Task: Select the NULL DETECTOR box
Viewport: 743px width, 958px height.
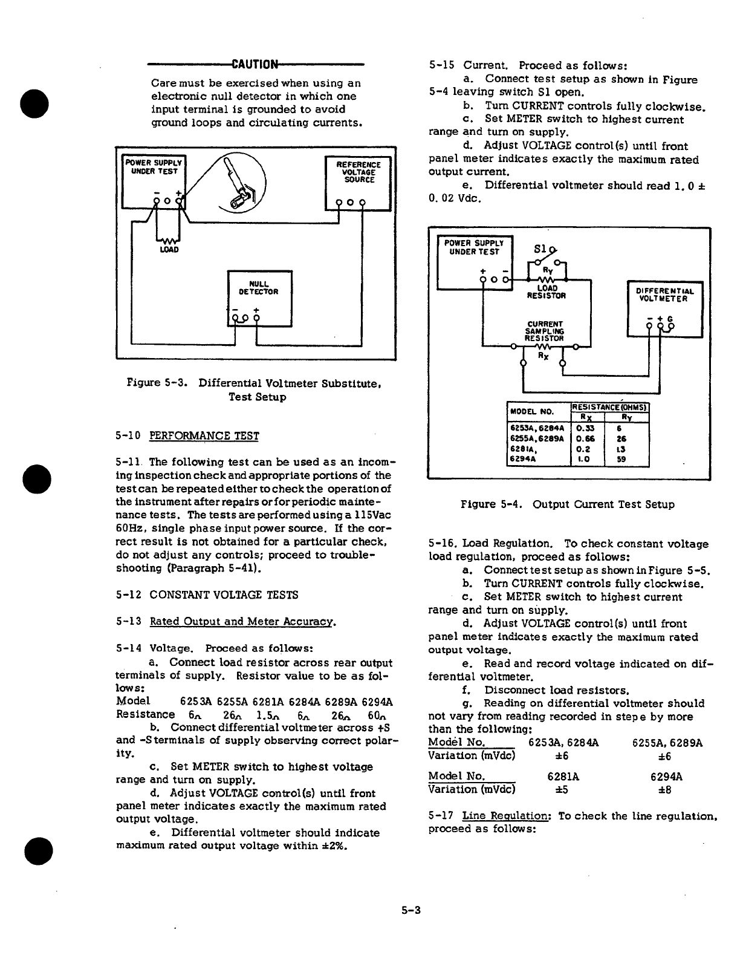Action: (259, 298)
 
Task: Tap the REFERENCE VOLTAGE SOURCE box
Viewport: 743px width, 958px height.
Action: (359, 183)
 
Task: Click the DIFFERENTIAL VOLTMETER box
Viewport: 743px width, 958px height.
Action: (665, 308)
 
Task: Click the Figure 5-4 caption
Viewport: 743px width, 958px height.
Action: (567, 504)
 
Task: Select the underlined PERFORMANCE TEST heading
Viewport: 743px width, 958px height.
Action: (204, 436)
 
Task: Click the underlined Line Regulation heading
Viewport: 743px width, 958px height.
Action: (505, 816)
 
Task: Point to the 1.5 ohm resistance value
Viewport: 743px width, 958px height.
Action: (268, 714)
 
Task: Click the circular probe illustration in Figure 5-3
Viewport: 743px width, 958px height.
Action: (240, 182)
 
